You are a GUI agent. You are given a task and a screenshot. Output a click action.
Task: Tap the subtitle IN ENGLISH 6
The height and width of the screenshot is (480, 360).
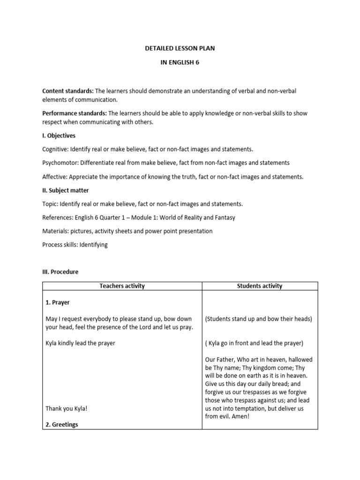click(x=180, y=63)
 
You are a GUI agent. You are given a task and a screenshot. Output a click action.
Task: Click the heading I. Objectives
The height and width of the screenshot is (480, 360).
click(x=59, y=135)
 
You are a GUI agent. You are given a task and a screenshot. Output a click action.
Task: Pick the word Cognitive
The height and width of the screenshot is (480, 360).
click(x=56, y=149)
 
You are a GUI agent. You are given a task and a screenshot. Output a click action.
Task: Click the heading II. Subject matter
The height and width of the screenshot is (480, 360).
click(x=65, y=190)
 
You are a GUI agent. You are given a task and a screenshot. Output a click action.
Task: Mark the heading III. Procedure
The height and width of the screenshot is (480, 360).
click(x=60, y=272)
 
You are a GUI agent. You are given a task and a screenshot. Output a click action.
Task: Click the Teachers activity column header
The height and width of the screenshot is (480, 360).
click(x=122, y=286)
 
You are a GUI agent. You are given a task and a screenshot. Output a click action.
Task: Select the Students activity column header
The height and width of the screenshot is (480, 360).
click(x=260, y=286)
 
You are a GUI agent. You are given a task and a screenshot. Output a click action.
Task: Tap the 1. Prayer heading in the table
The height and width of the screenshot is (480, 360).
click(x=58, y=302)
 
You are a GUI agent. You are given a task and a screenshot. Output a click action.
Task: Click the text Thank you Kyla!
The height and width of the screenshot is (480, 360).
click(x=67, y=408)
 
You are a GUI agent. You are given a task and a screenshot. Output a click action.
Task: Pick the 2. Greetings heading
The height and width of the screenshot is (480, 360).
click(x=62, y=425)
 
